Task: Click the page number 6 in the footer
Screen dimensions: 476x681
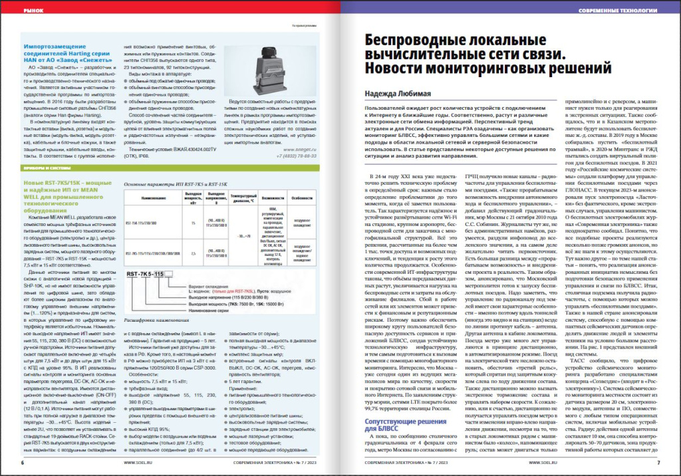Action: click(x=24, y=462)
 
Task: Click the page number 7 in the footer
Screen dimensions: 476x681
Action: click(x=657, y=462)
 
